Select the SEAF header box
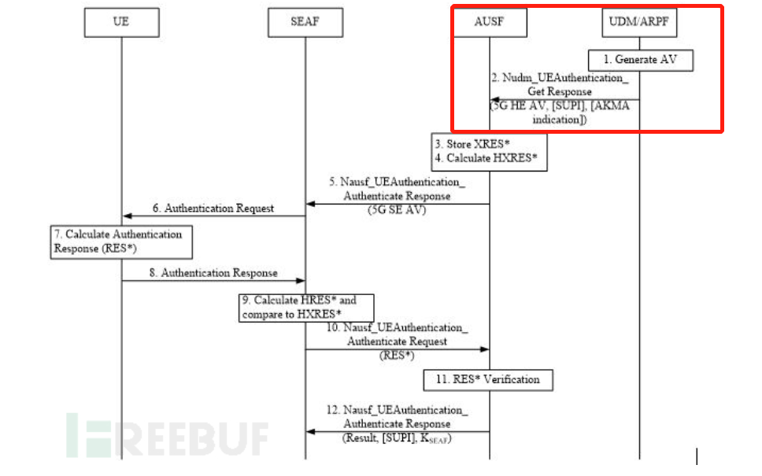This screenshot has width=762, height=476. [305, 22]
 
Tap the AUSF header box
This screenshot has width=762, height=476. [490, 22]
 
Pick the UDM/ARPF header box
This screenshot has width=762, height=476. [639, 22]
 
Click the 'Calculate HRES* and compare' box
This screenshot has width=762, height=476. [307, 308]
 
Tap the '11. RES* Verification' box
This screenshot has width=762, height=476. [489, 379]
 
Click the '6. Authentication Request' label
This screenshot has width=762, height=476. [213, 208]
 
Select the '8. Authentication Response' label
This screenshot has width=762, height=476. [213, 273]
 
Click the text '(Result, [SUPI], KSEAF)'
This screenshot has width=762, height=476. [398, 437]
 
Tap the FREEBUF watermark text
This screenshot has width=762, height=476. [169, 437]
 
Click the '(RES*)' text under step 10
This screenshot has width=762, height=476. [397, 355]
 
